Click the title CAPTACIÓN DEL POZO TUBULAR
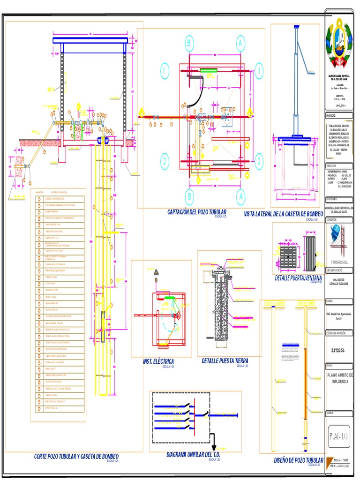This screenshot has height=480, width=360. tap(197, 212)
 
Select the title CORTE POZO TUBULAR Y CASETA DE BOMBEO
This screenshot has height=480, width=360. tap(76, 456)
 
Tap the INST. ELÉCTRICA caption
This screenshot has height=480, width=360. tap(158, 361)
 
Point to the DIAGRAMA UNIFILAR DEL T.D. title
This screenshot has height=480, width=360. tap(193, 455)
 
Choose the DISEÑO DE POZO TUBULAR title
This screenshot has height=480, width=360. tap(299, 460)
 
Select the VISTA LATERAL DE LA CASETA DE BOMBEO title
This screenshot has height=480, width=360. tap(284, 214)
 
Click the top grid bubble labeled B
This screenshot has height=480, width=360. tap(189, 43)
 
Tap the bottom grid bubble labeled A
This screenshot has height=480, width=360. tap(240, 195)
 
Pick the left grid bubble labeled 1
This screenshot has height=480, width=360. tap(165, 71)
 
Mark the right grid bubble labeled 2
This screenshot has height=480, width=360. tap(258, 161)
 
